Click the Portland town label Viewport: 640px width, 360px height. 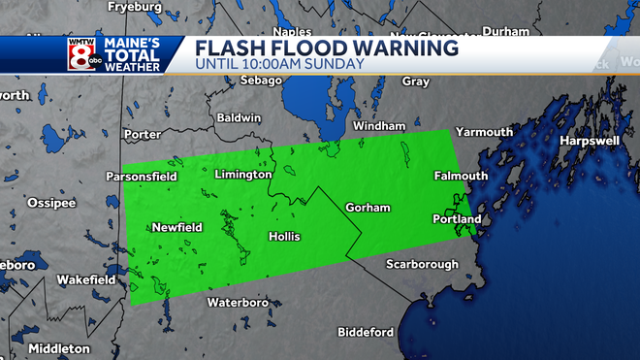click(x=456, y=220)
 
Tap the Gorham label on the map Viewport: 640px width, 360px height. click(x=368, y=209)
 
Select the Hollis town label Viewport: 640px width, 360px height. click(x=284, y=237)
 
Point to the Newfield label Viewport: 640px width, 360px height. click(x=176, y=227)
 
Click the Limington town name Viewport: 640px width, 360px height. click(x=242, y=175)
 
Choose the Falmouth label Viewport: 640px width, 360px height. click(x=460, y=176)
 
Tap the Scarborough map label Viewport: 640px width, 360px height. click(x=421, y=264)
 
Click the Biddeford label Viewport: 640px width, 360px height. click(x=366, y=332)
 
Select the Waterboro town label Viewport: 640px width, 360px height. click(x=237, y=303)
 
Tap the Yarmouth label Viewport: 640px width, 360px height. click(x=484, y=132)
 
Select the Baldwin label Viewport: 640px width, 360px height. click(x=240, y=117)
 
